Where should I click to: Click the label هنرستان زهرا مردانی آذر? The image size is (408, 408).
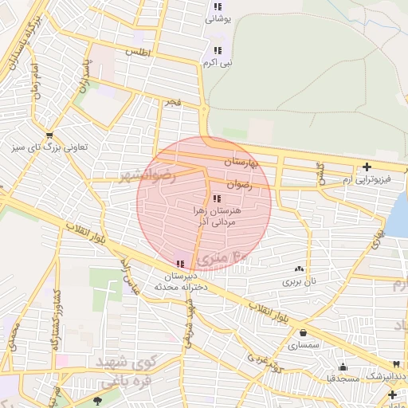(x=217, y=217)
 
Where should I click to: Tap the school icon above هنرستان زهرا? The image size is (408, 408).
(x=217, y=198)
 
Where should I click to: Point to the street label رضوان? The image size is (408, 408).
(x=239, y=184)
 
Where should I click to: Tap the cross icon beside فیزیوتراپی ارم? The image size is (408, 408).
(x=366, y=167)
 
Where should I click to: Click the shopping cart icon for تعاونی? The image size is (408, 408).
(x=50, y=135)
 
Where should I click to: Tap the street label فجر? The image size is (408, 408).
(x=173, y=103)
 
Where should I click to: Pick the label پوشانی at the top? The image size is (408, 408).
(x=218, y=18)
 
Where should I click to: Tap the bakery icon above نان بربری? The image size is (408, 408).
(x=299, y=269)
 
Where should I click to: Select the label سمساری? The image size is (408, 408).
(x=303, y=346)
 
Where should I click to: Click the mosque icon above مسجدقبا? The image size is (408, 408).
(x=343, y=367)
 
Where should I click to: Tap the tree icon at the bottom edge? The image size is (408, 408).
(x=98, y=400)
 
